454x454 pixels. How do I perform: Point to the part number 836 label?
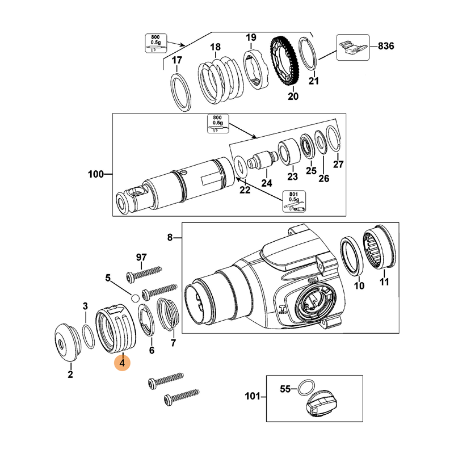point(385,45)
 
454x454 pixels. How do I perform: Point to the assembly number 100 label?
point(96,174)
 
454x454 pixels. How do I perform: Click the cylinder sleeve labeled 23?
point(288,151)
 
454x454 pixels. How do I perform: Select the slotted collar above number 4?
point(117,328)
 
